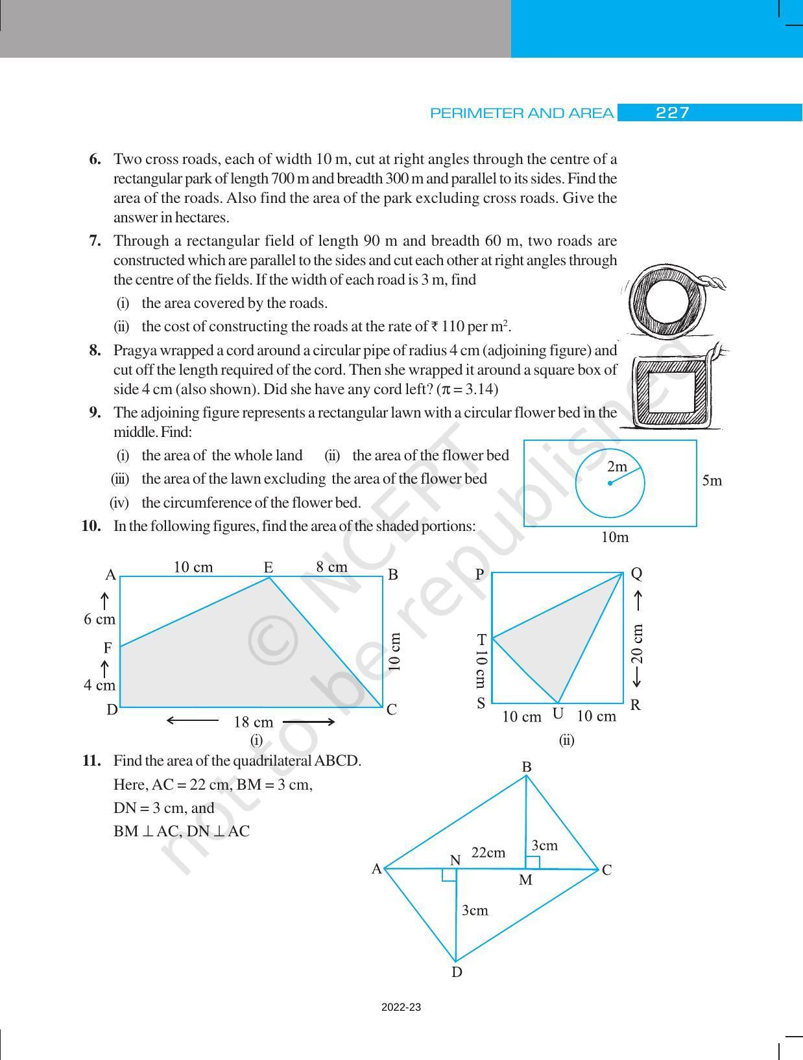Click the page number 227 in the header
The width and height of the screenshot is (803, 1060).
[x=672, y=113]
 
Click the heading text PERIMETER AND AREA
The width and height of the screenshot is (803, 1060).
[x=521, y=113]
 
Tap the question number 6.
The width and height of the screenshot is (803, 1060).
[x=95, y=159]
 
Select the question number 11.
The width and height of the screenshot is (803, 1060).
[x=91, y=760]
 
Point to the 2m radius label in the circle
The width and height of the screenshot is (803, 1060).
[x=617, y=466]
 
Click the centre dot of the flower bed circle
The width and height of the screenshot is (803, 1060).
[x=610, y=483]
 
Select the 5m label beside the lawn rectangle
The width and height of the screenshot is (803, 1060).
[x=712, y=481]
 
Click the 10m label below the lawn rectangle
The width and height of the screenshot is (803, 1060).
[x=614, y=537]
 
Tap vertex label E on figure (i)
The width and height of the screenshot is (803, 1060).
[x=268, y=567]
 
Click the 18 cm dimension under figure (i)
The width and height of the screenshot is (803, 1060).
[x=253, y=722]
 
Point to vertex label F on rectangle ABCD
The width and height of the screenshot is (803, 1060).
[x=108, y=648]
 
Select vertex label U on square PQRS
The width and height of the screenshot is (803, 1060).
[x=557, y=714]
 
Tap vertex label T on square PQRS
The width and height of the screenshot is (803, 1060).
[x=481, y=639]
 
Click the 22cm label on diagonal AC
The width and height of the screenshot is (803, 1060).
[x=488, y=853]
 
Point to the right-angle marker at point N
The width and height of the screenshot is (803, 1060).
[x=449, y=875]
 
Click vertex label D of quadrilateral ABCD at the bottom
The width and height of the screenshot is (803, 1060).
[x=457, y=972]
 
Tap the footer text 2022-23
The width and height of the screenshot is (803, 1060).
[x=401, y=1007]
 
